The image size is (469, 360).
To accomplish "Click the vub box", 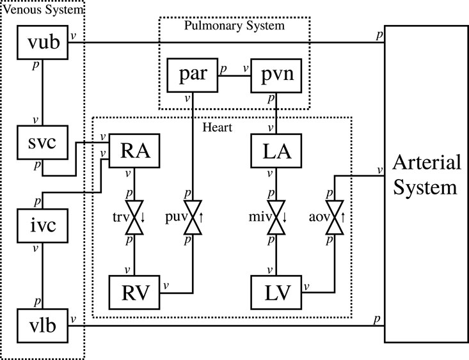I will click(x=42, y=42).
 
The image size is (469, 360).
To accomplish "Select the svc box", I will click(x=42, y=143).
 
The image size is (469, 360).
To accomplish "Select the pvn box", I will click(x=275, y=74).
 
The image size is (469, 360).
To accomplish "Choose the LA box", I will click(x=275, y=151).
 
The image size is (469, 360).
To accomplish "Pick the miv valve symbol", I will click(x=275, y=218).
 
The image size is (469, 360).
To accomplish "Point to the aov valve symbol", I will click(x=333, y=218).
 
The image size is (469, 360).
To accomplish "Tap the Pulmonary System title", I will click(x=234, y=26).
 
